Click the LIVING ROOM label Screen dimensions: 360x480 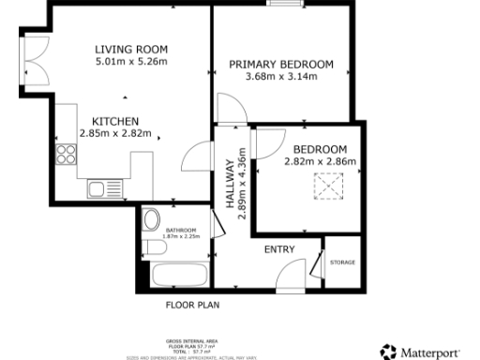pyautogui.click(x=131, y=50)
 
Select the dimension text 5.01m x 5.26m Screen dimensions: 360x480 pyautogui.click(x=131, y=63)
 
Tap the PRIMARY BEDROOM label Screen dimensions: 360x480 pyautogui.click(x=281, y=64)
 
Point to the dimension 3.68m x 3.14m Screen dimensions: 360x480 pyautogui.click(x=281, y=77)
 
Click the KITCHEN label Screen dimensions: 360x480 pyautogui.click(x=115, y=122)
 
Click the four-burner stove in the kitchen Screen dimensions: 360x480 pyautogui.click(x=66, y=154)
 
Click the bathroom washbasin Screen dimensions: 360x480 pyautogui.click(x=152, y=221)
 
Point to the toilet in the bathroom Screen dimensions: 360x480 pyautogui.click(x=153, y=248)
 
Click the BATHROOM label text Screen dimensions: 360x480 pyautogui.click(x=181, y=230)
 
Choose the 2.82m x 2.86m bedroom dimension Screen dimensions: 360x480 pyautogui.click(x=321, y=162)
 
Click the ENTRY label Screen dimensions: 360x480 pyautogui.click(x=279, y=249)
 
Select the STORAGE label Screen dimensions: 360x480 pyautogui.click(x=342, y=262)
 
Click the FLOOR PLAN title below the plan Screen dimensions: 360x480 pyautogui.click(x=192, y=305)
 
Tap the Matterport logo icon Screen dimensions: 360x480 pyautogui.click(x=387, y=352)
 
